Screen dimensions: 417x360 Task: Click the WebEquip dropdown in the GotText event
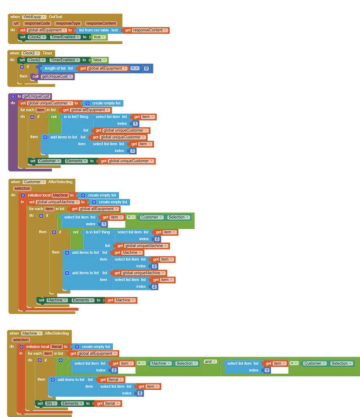[34, 17]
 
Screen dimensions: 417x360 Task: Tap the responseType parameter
[68, 24]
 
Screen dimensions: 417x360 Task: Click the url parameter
[16, 24]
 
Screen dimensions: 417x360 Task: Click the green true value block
[98, 37]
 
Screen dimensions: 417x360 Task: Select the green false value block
[98, 60]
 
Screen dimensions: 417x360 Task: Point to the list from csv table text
[98, 30]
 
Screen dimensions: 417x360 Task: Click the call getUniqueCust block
[53, 77]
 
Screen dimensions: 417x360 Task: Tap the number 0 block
[146, 68]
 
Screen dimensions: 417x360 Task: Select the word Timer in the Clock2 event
[48, 53]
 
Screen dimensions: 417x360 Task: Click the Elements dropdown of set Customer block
[76, 161]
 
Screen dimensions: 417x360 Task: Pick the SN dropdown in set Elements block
[51, 404]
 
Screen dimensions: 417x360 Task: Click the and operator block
[209, 362]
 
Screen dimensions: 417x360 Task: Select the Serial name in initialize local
[56, 347]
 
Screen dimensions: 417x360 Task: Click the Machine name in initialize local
[60, 195]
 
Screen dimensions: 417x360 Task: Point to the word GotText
[56, 17]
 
